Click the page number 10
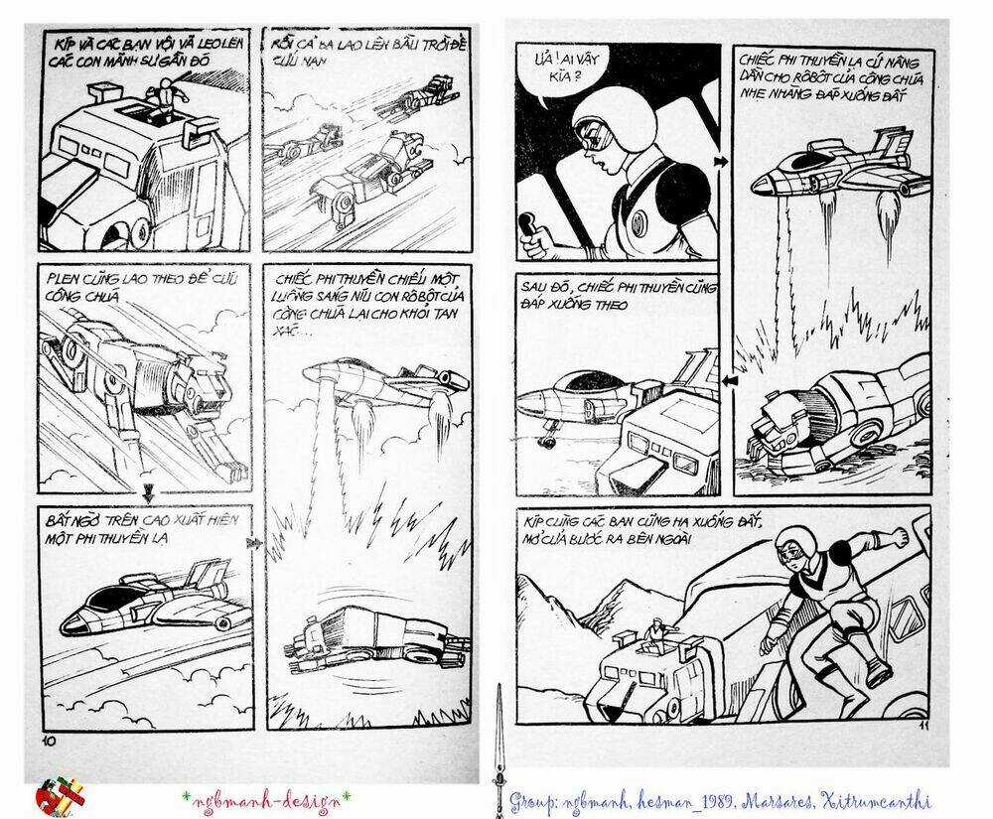[46, 741]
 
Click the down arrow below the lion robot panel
[148, 491]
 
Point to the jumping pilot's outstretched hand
[898, 535]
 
